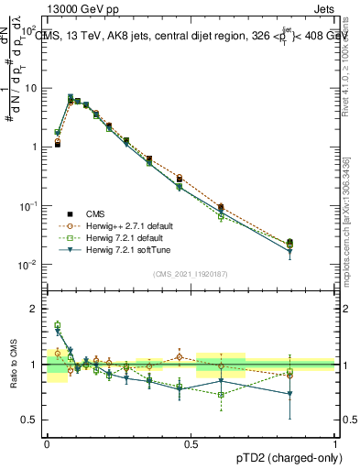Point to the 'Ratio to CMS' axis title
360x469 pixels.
tap(12, 365)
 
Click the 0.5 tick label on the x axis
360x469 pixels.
tap(191, 443)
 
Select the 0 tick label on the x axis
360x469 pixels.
tap(47, 443)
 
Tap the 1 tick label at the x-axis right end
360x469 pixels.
tap(334, 443)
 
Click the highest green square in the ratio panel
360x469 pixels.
tap(57, 325)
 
